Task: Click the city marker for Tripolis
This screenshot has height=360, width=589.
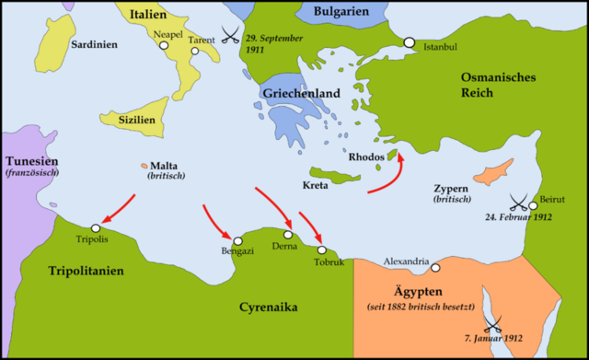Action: pyautogui.click(x=95, y=228)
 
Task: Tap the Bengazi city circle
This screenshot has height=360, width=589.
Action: pyautogui.click(x=237, y=239)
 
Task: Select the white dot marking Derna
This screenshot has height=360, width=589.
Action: pyautogui.click(x=287, y=235)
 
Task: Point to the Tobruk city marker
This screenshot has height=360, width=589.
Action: pyautogui.click(x=321, y=250)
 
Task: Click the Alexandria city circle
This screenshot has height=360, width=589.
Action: pyautogui.click(x=435, y=268)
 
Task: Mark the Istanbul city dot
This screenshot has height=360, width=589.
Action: pyautogui.click(x=409, y=42)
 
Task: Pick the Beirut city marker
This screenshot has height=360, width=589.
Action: pyautogui.click(x=533, y=205)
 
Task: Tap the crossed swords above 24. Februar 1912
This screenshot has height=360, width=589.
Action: pyautogui.click(x=520, y=200)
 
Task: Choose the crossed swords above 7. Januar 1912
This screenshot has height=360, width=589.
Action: pyautogui.click(x=494, y=323)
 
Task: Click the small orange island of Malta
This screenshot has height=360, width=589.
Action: pyautogui.click(x=144, y=166)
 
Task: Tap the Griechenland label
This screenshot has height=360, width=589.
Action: pyautogui.click(x=301, y=93)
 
